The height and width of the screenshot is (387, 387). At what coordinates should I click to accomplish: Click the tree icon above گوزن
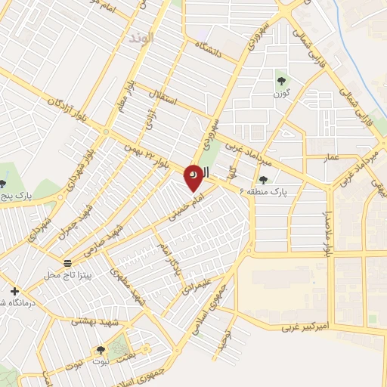tap(281, 79)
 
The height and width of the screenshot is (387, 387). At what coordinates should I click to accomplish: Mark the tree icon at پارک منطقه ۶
tap(263, 180)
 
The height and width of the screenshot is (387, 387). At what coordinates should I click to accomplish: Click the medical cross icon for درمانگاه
tap(14, 290)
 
